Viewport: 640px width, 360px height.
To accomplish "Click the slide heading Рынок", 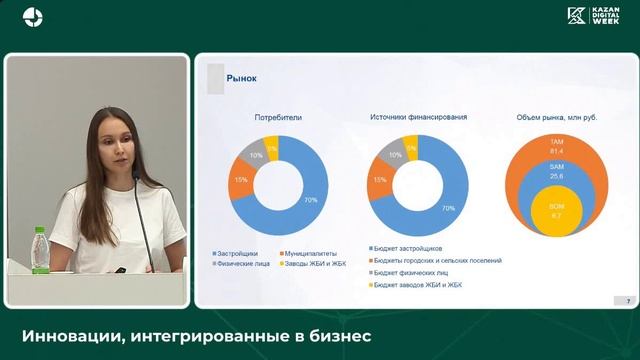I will (x=243, y=77).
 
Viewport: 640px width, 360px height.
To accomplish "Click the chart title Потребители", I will (x=276, y=117).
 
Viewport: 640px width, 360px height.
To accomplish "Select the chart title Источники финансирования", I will (x=418, y=117).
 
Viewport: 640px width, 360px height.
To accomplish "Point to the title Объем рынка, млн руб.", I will (x=557, y=117).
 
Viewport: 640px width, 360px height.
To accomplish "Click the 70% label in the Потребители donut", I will (x=311, y=201).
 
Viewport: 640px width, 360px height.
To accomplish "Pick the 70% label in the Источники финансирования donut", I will (x=448, y=208).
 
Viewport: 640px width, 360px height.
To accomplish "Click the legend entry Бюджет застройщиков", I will (x=409, y=248).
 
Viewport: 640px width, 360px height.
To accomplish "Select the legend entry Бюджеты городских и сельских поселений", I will (x=438, y=260).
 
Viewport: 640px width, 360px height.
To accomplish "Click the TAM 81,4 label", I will (x=557, y=146).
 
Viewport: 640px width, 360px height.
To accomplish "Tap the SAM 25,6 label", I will (x=557, y=171).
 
